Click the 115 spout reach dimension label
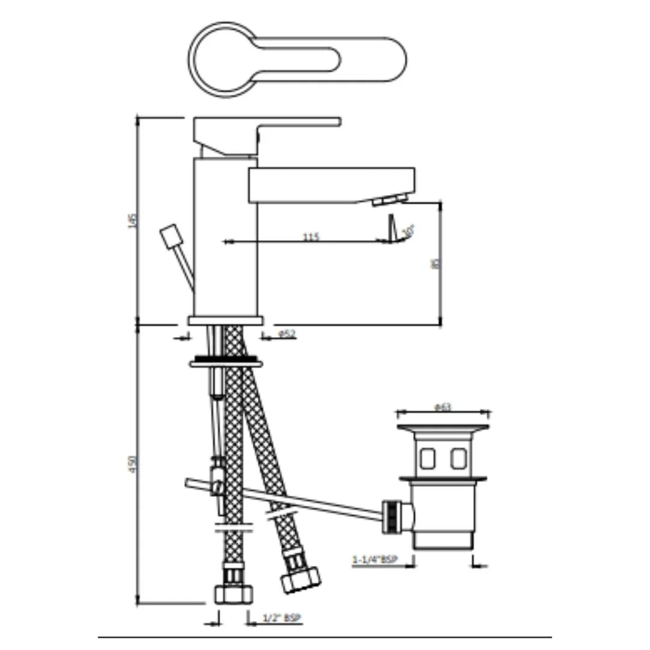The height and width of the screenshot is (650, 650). coord(311,237)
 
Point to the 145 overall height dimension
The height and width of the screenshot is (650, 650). coord(134,221)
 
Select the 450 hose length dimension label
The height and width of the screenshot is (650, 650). coord(134,463)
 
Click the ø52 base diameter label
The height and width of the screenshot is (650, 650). coord(287,334)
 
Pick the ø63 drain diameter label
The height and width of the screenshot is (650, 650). coord(442,407)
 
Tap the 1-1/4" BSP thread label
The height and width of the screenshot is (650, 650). coord(375,560)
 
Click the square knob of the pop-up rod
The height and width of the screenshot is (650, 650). coord(170,235)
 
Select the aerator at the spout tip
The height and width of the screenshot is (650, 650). coord(389,200)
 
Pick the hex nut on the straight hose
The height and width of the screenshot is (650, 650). coord(234,593)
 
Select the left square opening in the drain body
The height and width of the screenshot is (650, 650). coord(428,459)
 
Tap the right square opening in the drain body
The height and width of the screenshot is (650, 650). coord(458,459)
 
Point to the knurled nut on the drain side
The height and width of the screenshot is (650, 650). coord(392,516)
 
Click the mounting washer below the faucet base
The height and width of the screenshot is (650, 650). coord(226,363)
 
